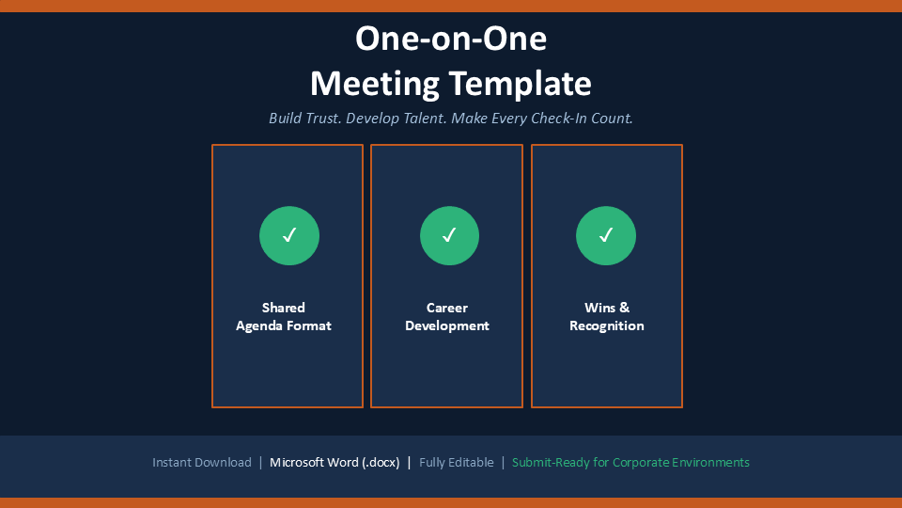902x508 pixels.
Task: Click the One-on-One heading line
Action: click(451, 39)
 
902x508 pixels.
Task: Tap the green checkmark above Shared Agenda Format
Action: click(289, 235)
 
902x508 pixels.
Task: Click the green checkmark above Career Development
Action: click(449, 235)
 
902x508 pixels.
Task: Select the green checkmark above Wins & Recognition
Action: click(606, 235)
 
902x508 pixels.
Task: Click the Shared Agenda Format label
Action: click(284, 317)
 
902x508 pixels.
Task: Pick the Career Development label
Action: click(447, 317)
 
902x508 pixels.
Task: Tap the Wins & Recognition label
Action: click(607, 317)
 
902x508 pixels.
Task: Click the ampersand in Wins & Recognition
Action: click(624, 309)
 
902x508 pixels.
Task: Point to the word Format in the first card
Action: click(309, 326)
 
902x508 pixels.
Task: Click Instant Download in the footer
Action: click(202, 463)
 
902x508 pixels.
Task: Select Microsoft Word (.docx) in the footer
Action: click(334, 463)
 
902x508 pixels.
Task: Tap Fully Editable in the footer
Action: click(457, 463)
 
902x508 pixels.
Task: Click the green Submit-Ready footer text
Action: click(630, 463)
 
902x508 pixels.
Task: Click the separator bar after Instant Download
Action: click(260, 463)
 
